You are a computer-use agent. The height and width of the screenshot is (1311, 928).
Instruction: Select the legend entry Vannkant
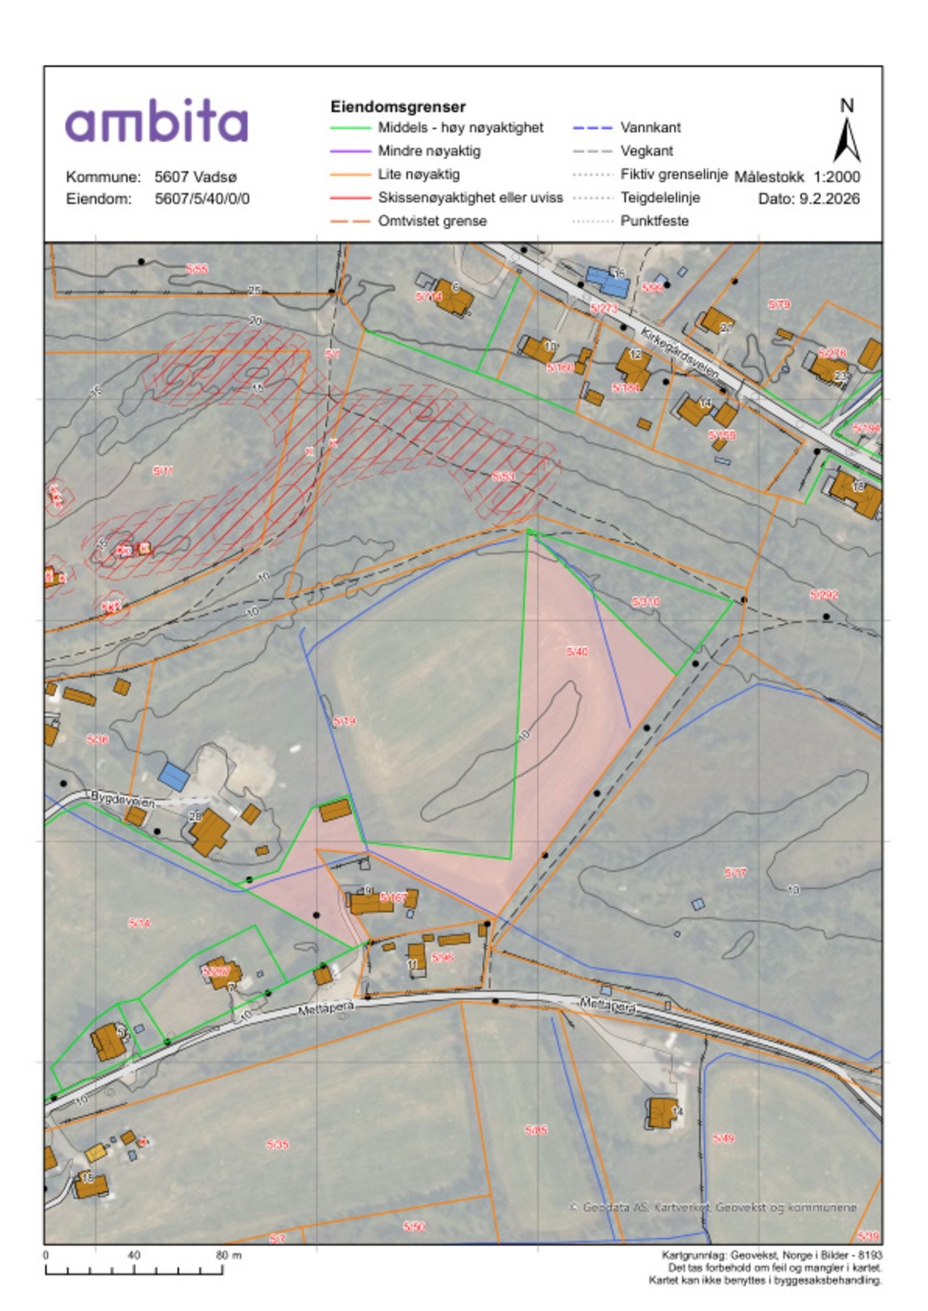pos(650,127)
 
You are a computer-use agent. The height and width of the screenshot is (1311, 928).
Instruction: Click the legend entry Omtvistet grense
pos(432,221)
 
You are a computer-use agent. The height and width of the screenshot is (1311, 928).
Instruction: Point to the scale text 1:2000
pos(837,177)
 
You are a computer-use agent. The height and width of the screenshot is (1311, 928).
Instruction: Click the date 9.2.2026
pos(829,199)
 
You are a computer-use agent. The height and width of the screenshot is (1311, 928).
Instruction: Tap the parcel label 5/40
pos(577,652)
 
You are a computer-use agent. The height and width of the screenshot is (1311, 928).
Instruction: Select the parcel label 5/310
pos(645,602)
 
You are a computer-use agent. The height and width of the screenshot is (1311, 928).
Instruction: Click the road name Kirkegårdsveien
pos(680,353)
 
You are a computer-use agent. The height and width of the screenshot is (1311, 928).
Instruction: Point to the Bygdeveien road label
pos(122,799)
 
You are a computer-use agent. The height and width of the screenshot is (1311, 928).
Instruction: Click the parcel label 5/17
pos(736,873)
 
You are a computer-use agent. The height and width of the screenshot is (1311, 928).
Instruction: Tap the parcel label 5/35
pos(277,1144)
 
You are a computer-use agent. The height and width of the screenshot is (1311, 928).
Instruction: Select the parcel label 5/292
pos(824,594)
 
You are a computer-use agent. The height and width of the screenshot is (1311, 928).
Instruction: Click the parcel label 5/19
pos(344,721)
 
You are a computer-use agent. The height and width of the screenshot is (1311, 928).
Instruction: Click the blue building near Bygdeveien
pos(174,776)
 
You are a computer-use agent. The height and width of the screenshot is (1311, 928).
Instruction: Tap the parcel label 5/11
pos(163,471)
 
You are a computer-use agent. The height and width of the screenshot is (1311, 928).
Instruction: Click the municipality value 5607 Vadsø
pos(195,177)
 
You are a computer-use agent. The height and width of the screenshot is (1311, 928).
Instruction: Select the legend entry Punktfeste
pos(653,221)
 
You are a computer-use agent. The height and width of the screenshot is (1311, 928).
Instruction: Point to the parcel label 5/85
pos(535,1130)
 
